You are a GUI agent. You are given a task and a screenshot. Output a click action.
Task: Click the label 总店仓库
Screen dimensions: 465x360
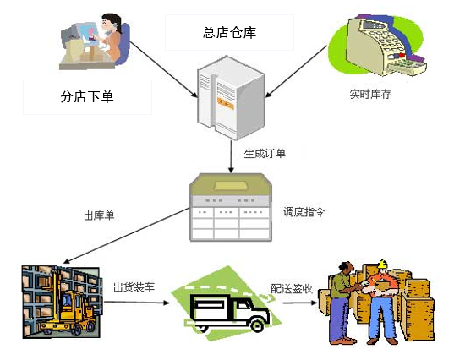(229, 32)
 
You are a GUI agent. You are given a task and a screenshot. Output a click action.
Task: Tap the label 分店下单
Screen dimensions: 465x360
(87, 96)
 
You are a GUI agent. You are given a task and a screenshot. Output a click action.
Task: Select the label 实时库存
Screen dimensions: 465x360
(370, 94)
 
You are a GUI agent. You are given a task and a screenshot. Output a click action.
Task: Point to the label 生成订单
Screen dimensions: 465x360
(265, 153)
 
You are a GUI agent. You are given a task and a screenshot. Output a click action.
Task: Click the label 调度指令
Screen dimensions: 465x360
(304, 212)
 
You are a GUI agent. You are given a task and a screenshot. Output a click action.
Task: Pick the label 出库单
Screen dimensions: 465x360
(99, 215)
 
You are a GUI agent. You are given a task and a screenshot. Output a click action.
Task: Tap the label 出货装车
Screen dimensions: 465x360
(134, 286)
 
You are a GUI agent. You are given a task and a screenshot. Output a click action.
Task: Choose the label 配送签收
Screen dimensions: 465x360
(292, 288)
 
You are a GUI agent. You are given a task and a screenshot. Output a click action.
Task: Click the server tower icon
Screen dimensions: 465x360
(231, 97)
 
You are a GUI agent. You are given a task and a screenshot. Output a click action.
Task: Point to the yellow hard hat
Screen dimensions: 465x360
(382, 264)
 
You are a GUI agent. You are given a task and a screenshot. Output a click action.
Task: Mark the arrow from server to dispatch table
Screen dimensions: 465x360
(231, 156)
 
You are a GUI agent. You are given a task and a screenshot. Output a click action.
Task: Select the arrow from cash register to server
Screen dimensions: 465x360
(296, 72)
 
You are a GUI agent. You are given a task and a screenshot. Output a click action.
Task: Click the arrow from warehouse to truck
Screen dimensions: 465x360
(136, 303)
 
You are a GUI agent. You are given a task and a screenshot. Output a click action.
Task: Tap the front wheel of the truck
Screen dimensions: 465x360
(256, 325)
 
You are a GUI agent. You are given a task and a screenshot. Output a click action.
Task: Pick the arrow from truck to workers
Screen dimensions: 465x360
(300, 303)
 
